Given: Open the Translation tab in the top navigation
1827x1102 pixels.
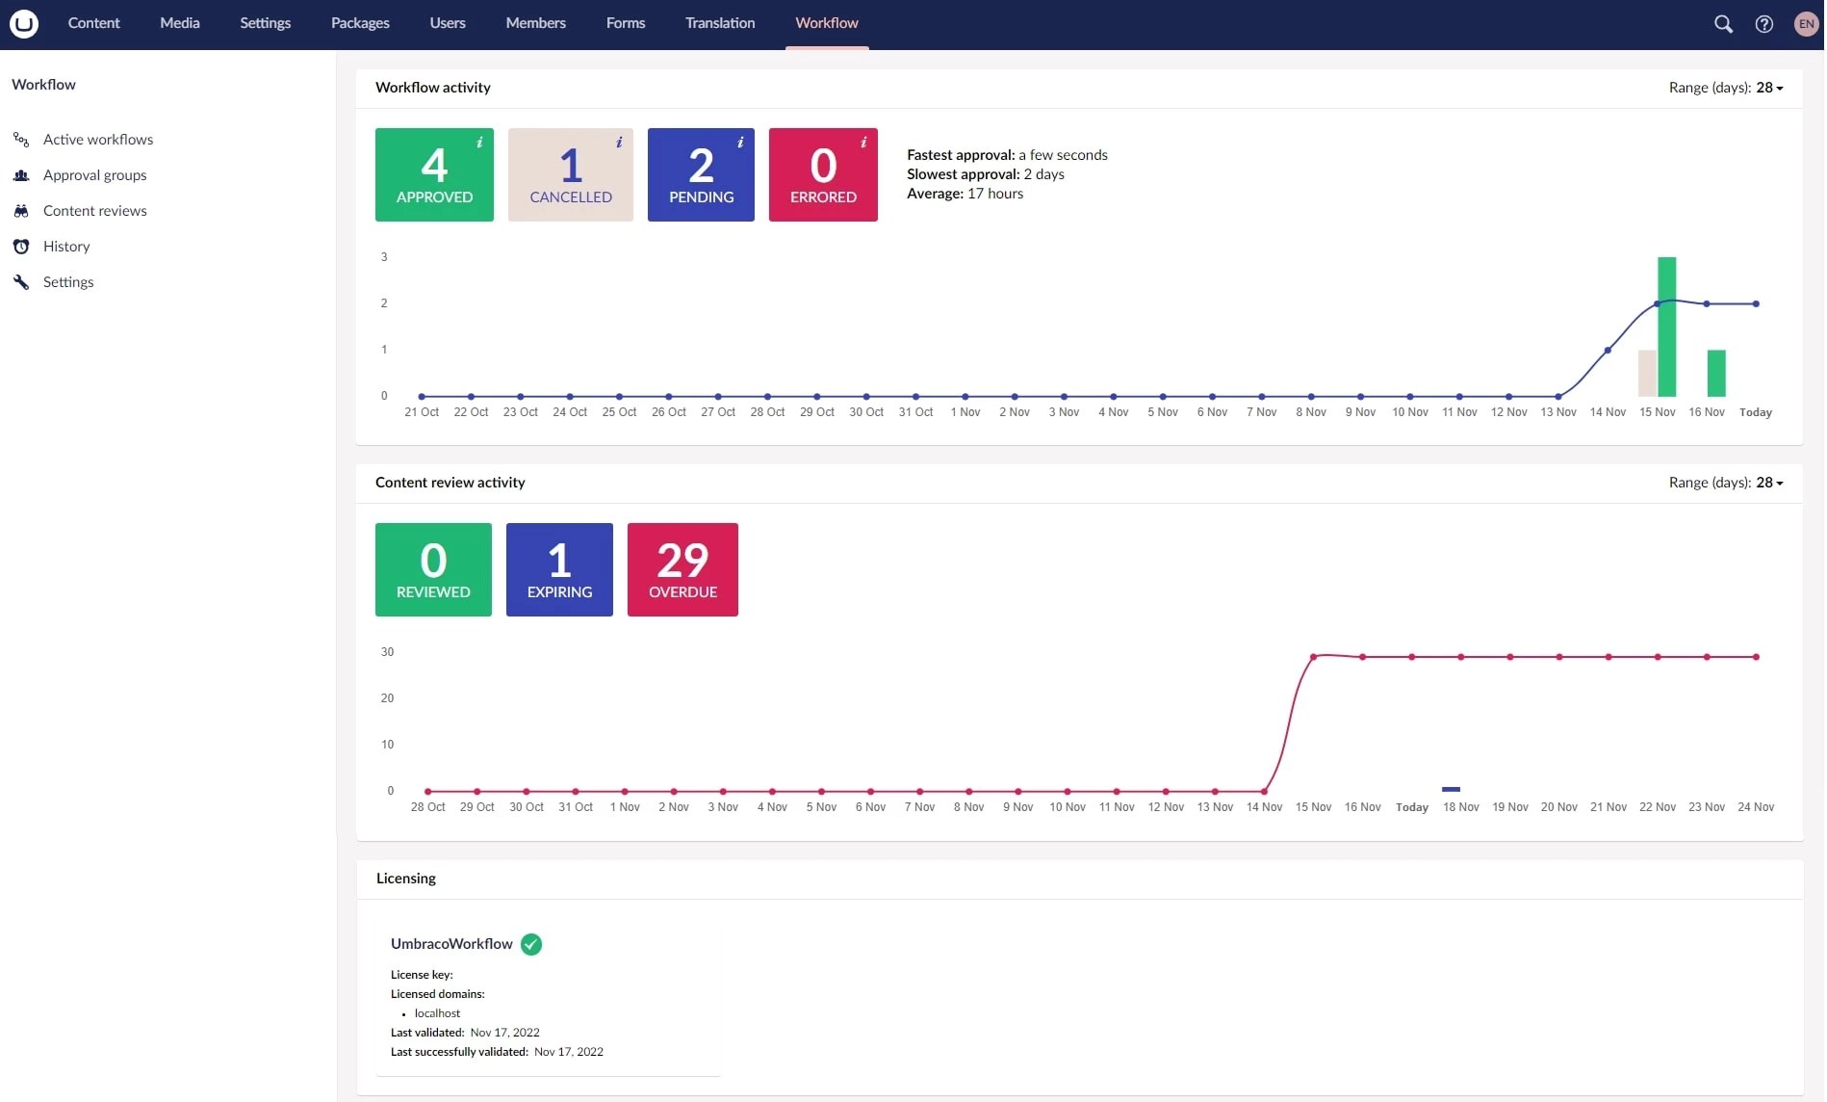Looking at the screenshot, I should click(719, 23).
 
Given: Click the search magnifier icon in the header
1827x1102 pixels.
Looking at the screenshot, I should click(1723, 24).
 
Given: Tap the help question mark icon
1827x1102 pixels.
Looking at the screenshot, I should click(1763, 24).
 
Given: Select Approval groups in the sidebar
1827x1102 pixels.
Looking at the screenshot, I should click(94, 175).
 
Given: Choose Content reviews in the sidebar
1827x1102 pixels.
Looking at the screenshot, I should click(94, 211).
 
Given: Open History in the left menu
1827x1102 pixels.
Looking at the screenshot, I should click(65, 247).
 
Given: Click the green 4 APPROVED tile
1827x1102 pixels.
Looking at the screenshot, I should click(434, 175).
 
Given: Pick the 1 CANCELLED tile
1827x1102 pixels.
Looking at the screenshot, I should click(570, 175).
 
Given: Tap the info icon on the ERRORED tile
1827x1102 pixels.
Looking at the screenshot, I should click(863, 143).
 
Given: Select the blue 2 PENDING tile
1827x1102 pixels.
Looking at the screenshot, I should click(701, 175).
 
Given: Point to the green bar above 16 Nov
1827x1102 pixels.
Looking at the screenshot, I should click(1715, 373).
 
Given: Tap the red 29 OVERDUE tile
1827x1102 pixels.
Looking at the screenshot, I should click(682, 570).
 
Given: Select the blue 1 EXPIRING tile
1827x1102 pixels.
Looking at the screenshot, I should click(559, 570).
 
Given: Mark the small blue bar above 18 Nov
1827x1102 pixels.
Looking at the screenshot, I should click(1451, 789).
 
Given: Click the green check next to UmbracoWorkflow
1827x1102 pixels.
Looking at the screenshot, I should click(531, 944).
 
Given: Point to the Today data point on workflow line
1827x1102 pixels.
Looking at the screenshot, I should click(1756, 303).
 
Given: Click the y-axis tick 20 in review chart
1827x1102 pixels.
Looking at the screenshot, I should click(387, 698).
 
